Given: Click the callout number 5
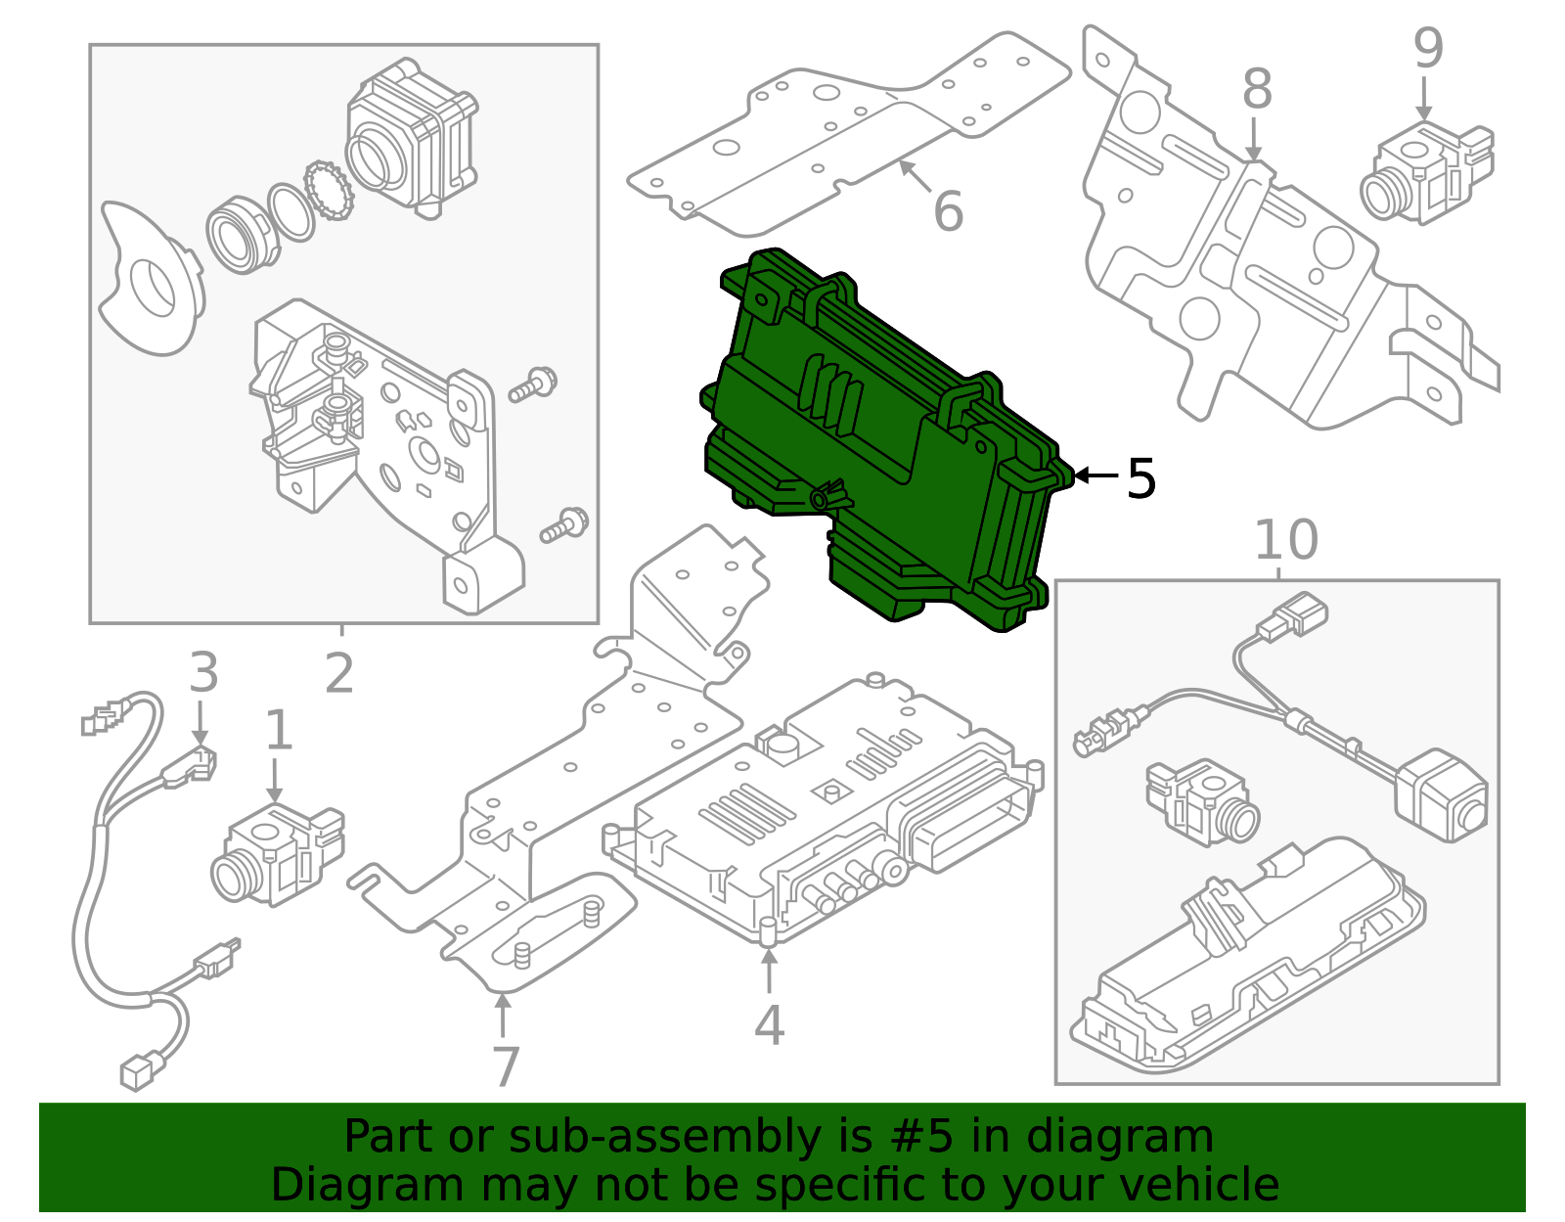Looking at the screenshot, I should pyautogui.click(x=1140, y=478).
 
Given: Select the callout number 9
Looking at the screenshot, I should pyautogui.click(x=1428, y=49).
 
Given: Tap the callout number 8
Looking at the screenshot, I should pyautogui.click(x=1257, y=90).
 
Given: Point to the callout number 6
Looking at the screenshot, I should pyautogui.click(x=948, y=212).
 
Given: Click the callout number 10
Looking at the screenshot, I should pyautogui.click(x=1285, y=540).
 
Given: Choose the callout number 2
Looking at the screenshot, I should pyautogui.click(x=338, y=674).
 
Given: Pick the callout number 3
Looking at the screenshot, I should pyautogui.click(x=202, y=673).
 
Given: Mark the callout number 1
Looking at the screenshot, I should pyautogui.click(x=279, y=731).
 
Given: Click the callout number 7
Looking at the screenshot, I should pyautogui.click(x=505, y=1066).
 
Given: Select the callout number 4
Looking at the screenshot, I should pyautogui.click(x=769, y=1025).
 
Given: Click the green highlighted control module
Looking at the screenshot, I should pyautogui.click(x=880, y=440).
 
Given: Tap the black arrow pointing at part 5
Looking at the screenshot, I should pyautogui.click(x=1095, y=476).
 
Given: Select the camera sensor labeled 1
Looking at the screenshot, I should pyautogui.click(x=276, y=856).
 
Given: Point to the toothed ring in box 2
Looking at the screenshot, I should pyautogui.click(x=329, y=191).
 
